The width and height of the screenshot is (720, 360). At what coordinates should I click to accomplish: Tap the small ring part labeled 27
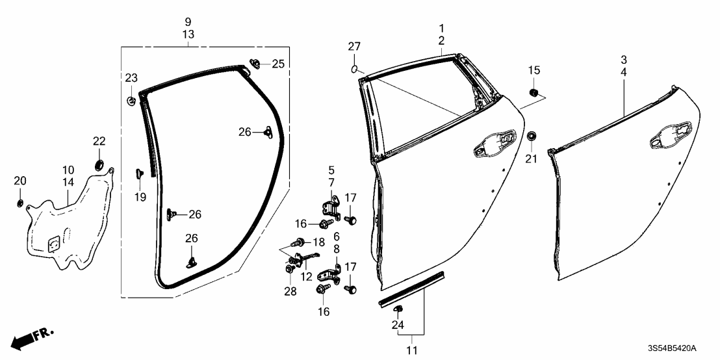pyautogui.click(x=354, y=68)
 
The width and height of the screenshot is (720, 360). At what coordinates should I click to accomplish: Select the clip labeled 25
pyautogui.click(x=254, y=64)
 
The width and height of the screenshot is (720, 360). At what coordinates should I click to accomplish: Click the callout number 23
pyautogui.click(x=132, y=78)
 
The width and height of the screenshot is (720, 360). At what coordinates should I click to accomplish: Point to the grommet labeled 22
pyautogui.click(x=99, y=163)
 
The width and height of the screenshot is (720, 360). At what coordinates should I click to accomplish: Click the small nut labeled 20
pyautogui.click(x=20, y=204)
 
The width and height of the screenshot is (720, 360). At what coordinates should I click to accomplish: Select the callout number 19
pyautogui.click(x=140, y=198)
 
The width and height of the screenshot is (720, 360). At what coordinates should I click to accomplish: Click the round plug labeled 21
pyautogui.click(x=532, y=136)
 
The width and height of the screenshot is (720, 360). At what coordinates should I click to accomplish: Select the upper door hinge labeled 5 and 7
pyautogui.click(x=330, y=208)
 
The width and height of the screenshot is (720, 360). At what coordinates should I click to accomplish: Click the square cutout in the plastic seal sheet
pyautogui.click(x=53, y=242)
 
